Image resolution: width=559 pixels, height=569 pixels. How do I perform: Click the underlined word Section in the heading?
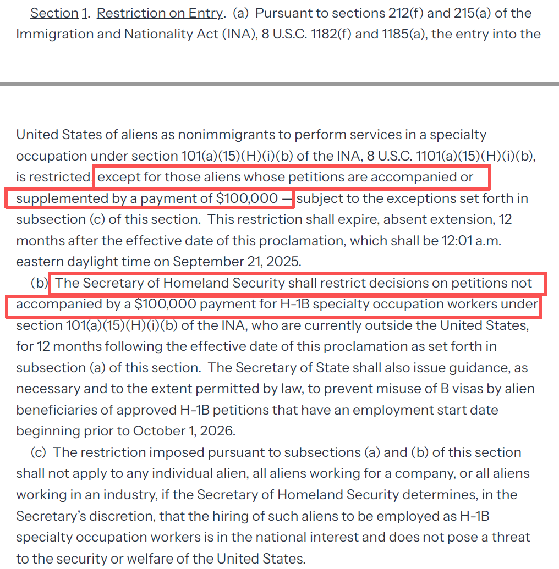click(x=54, y=13)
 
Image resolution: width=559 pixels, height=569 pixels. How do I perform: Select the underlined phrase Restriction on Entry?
click(x=160, y=13)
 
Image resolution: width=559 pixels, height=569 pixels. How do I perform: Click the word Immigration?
click(x=50, y=34)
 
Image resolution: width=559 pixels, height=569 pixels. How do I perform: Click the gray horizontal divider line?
click(x=279, y=84)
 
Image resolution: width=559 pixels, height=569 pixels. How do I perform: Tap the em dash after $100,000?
click(x=288, y=198)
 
